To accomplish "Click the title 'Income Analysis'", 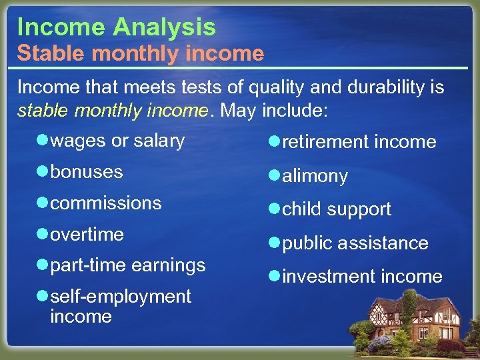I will click(x=117, y=27).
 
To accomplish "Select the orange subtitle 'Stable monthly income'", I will click(x=141, y=53).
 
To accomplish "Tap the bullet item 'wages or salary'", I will click(x=117, y=141).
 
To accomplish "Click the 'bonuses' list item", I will click(x=87, y=172).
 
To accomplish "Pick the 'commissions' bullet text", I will click(x=106, y=203).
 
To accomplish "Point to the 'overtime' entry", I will click(x=87, y=235).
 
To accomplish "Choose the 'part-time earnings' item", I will click(x=127, y=265).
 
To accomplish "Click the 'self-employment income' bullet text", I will click(x=120, y=305).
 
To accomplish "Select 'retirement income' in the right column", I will click(x=359, y=142).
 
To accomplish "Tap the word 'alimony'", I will click(x=315, y=176).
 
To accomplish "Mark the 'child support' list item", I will click(x=337, y=209).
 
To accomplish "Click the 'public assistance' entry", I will click(x=355, y=243).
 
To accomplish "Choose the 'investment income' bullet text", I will click(x=362, y=277).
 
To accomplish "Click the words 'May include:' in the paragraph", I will click(x=273, y=110).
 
